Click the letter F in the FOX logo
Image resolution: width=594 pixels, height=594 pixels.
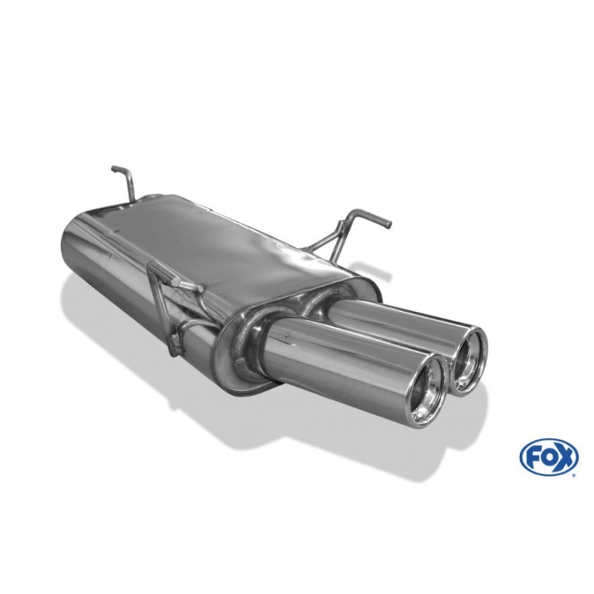click(533, 456)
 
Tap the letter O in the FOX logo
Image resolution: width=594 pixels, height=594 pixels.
click(546, 456)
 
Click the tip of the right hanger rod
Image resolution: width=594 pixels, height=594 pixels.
click(388, 224)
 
